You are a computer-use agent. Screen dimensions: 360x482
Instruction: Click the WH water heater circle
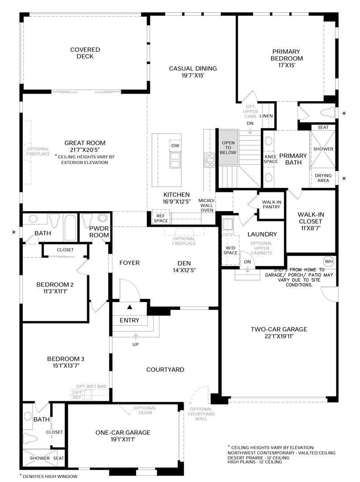tap(329, 262)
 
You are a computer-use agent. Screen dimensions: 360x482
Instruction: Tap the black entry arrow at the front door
tap(130, 307)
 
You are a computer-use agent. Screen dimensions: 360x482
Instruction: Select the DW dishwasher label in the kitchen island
tap(175, 145)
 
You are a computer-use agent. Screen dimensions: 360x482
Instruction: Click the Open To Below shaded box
tap(228, 148)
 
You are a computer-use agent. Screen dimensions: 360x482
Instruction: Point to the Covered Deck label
tap(85, 53)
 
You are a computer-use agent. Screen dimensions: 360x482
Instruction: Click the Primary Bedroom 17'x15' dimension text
tap(286, 65)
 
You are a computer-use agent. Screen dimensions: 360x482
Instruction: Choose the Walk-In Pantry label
tap(272, 204)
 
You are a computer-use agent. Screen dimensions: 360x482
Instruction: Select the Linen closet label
tap(266, 116)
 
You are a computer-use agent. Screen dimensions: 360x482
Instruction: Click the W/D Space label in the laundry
tap(230, 250)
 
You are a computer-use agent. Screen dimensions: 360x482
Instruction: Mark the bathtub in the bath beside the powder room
tap(70, 228)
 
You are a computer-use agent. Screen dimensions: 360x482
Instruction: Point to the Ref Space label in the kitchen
tap(161, 218)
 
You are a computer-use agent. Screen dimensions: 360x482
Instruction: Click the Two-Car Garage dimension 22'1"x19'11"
tap(279, 337)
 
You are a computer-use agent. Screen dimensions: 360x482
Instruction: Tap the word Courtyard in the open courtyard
tap(165, 370)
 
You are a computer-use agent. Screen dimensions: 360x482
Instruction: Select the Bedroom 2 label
tap(55, 285)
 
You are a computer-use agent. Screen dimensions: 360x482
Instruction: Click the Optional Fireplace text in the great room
tap(38, 151)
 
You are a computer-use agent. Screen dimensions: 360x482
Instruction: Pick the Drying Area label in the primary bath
tap(323, 178)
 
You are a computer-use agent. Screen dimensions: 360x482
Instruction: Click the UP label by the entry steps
tap(135, 344)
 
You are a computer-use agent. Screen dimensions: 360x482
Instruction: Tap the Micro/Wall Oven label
tap(206, 205)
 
